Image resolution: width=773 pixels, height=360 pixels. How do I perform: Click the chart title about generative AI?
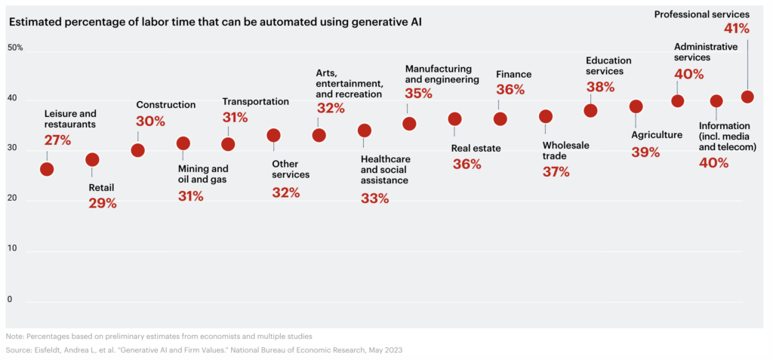click(x=215, y=21)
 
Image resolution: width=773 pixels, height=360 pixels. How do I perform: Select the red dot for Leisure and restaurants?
click(x=47, y=169)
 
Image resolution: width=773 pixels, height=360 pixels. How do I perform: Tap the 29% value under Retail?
click(x=101, y=203)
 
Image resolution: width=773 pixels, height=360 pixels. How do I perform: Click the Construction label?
click(x=165, y=105)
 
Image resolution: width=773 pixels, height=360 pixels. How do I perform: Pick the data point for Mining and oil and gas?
click(x=183, y=143)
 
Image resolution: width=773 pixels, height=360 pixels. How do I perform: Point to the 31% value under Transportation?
click(x=235, y=118)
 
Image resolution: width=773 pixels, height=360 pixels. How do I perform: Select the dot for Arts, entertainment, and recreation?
click(x=319, y=135)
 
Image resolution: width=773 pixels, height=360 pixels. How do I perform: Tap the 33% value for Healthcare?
click(x=374, y=198)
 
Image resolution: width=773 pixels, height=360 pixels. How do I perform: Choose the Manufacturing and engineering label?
click(x=442, y=74)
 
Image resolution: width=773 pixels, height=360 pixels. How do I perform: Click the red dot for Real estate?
click(x=454, y=118)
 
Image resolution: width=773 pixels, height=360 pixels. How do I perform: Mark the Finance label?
click(x=513, y=74)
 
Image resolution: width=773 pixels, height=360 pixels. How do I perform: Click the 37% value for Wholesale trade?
click(x=557, y=172)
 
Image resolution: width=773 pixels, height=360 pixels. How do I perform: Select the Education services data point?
click(x=590, y=110)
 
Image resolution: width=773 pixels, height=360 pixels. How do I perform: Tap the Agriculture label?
click(x=656, y=136)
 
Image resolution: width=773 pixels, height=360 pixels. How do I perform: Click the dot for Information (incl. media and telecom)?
click(x=716, y=101)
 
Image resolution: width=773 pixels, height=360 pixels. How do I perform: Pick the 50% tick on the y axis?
click(x=15, y=48)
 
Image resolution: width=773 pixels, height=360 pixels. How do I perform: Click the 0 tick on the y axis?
click(x=11, y=300)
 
